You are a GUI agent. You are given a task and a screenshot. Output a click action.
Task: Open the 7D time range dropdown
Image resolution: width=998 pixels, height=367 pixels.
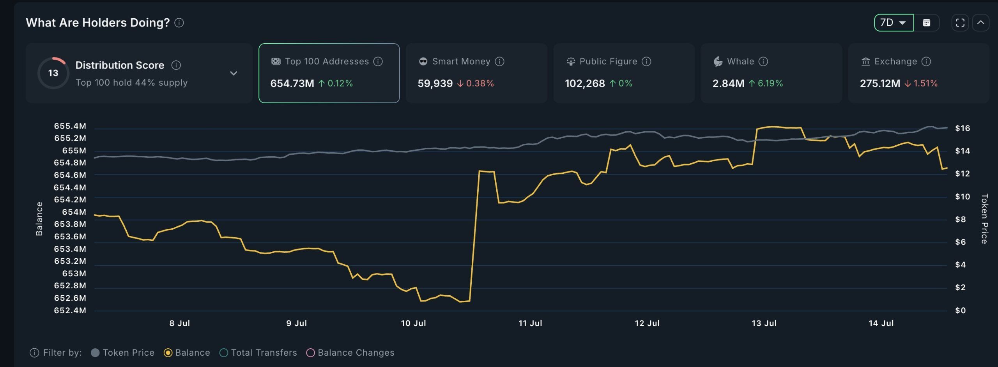[893, 23]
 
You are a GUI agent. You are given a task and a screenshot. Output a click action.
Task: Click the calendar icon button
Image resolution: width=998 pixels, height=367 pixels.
[927, 23]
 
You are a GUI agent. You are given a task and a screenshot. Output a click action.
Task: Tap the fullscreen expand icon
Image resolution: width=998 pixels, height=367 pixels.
[960, 23]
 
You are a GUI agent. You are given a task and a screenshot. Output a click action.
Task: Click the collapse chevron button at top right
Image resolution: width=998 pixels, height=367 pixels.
[980, 23]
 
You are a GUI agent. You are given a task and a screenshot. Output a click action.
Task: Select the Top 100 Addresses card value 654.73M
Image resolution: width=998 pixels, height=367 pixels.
[292, 83]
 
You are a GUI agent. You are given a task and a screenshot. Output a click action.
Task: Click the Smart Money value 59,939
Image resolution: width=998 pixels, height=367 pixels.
[435, 83]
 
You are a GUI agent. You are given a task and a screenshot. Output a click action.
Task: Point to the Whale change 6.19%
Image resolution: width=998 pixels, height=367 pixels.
[770, 83]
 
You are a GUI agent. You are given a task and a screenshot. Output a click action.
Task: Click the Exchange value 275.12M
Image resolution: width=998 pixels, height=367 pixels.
[880, 83]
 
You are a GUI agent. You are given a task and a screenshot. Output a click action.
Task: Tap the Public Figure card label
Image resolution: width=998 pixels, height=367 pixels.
[608, 62]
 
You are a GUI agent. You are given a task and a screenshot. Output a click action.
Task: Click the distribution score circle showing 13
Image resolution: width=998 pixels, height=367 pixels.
[53, 73]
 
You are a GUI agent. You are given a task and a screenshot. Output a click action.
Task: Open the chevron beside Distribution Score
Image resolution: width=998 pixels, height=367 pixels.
[234, 73]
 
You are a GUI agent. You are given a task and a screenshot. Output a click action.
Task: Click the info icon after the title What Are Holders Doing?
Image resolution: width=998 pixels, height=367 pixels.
[179, 23]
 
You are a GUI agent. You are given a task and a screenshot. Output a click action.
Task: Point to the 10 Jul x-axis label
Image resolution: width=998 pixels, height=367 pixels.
[413, 323]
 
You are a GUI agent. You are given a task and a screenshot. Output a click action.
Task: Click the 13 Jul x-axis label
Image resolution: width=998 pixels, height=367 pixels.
[764, 323]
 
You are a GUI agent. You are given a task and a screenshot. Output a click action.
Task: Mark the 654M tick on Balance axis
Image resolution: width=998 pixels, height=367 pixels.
[74, 212]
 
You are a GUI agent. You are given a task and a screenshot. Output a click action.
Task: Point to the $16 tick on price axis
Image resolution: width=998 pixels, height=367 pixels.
[962, 128]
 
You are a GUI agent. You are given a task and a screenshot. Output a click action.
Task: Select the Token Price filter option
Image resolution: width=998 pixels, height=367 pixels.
[123, 353]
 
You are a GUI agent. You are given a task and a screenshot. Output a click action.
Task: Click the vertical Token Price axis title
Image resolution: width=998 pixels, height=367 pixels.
[984, 219]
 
